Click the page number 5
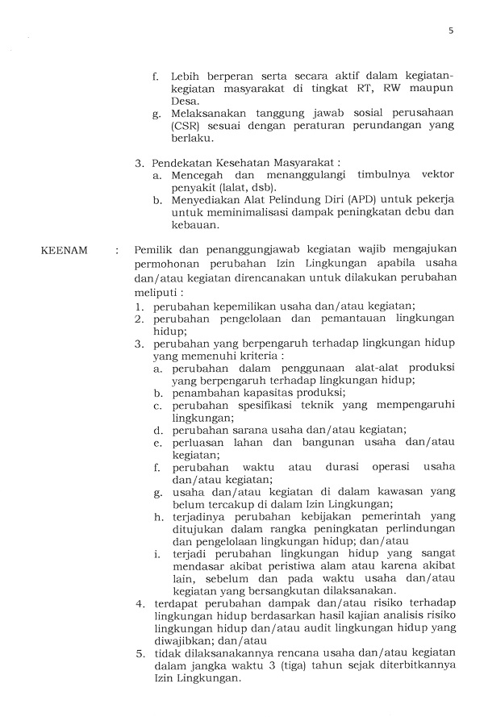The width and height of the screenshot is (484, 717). (451, 31)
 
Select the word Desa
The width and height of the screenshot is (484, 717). (185, 102)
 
